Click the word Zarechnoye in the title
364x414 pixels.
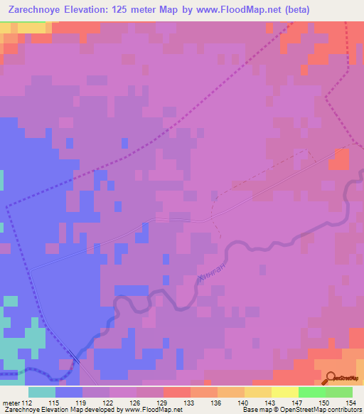click(31, 10)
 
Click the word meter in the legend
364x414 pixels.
click(11, 402)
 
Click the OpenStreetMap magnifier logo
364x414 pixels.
click(329, 378)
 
